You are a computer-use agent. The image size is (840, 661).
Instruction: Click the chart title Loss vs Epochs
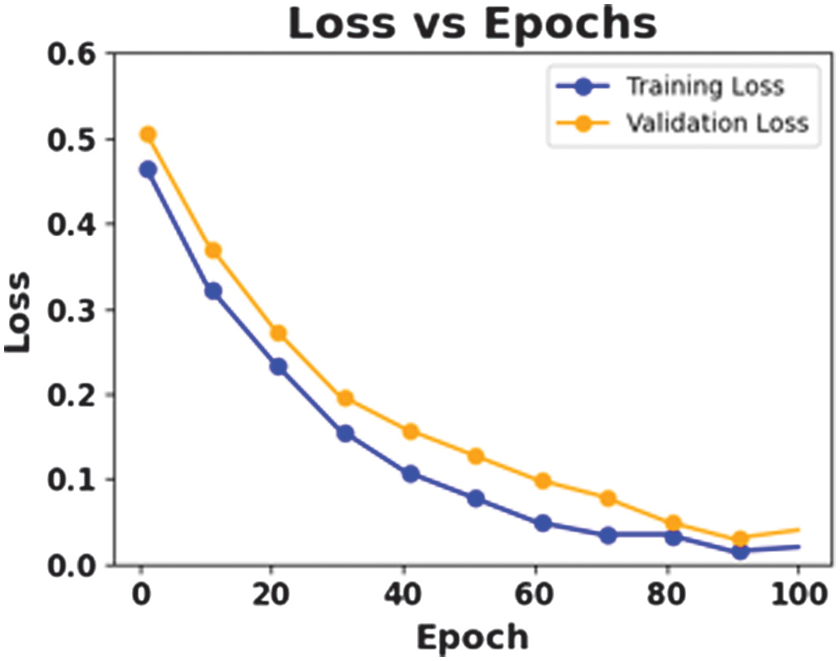(x=472, y=24)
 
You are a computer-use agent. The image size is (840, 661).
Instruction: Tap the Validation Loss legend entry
(x=716, y=122)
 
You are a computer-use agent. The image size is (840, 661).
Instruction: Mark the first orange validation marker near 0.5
(x=147, y=134)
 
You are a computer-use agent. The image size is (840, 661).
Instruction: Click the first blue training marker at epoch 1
(x=147, y=169)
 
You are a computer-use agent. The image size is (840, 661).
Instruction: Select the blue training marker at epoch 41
(x=411, y=474)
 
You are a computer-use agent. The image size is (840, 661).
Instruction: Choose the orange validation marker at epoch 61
(x=542, y=481)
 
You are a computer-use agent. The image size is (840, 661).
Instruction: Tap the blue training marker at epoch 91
(x=740, y=551)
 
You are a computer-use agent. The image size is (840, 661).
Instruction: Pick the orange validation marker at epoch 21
(x=279, y=333)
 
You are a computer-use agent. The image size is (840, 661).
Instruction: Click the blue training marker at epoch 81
(x=673, y=536)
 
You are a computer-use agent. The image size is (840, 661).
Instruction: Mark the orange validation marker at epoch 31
(x=345, y=398)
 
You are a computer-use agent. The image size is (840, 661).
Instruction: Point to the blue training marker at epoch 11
(x=213, y=291)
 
